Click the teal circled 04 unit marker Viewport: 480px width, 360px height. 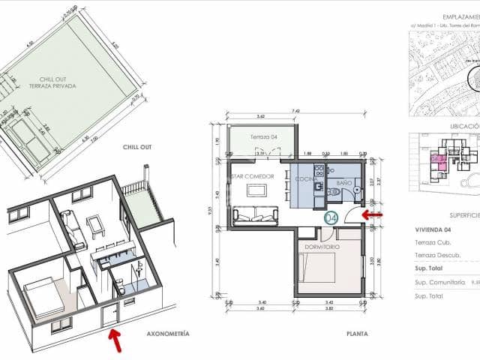click(x=331, y=218)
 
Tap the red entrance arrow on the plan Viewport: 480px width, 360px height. click(x=372, y=215)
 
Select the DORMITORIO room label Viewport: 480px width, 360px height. click(x=322, y=247)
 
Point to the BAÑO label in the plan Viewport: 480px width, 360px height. click(x=343, y=181)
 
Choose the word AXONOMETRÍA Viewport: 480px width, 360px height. click(x=168, y=333)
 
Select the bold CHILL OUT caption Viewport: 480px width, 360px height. click(x=137, y=148)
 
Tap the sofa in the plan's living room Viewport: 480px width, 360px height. click(x=257, y=217)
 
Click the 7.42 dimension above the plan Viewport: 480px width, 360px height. click(x=297, y=111)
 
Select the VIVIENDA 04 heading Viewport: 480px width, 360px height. click(x=435, y=230)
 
